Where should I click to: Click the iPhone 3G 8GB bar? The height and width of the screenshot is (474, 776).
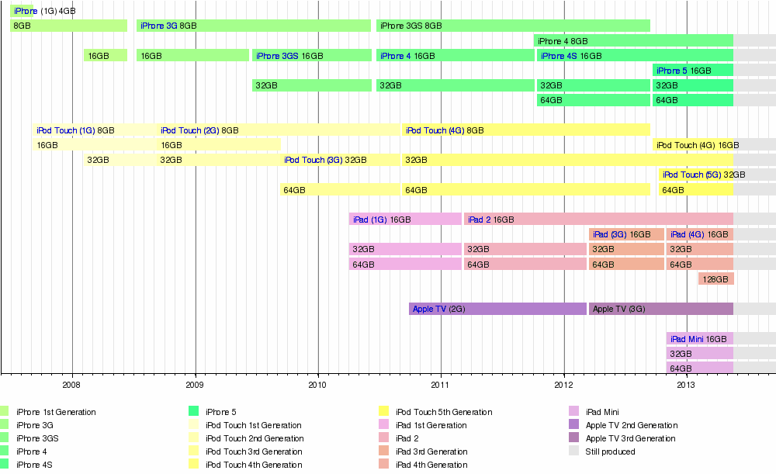pos(253,26)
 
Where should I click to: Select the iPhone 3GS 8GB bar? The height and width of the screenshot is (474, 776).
pos(513,26)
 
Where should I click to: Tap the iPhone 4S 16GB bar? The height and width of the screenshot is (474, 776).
pos(634,56)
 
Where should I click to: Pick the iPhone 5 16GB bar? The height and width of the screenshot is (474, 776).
pos(693,71)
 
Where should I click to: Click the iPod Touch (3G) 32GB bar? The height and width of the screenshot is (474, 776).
pos(340,160)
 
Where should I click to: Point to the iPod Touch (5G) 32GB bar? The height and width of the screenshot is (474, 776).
pos(696,175)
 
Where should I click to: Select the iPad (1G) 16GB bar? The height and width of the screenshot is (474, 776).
pos(405,220)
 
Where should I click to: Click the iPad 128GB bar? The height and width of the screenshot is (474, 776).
pos(715,279)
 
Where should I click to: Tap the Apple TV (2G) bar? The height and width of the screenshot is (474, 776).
pos(497,309)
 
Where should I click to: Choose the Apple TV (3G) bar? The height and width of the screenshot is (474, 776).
pos(660,309)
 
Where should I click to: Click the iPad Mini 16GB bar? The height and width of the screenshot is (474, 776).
pos(699,339)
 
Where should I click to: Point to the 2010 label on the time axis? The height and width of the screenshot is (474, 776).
pos(318,384)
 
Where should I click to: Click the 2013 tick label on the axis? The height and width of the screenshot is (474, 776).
pos(687,384)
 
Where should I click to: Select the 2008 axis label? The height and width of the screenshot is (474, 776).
pos(72,384)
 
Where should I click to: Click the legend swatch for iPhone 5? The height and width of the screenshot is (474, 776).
pos(194,412)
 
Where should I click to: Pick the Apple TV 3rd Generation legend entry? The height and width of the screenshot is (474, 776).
pos(631,438)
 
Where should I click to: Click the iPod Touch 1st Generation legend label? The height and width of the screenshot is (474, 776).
pos(253,425)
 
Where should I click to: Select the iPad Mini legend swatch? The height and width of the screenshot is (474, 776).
pos(573,412)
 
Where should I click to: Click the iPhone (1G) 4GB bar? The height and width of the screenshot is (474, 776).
pos(22,11)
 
